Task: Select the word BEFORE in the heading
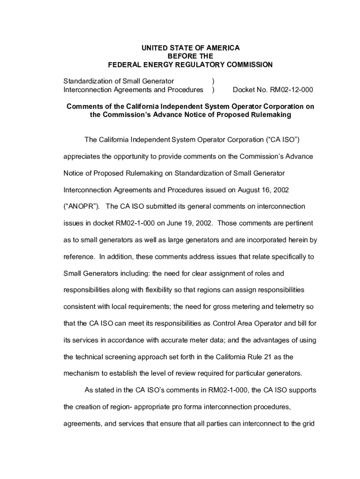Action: tap(181, 56)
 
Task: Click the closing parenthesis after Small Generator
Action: tap(213, 81)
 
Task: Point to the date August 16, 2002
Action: tap(263, 190)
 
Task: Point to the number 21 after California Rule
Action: tap(266, 356)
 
